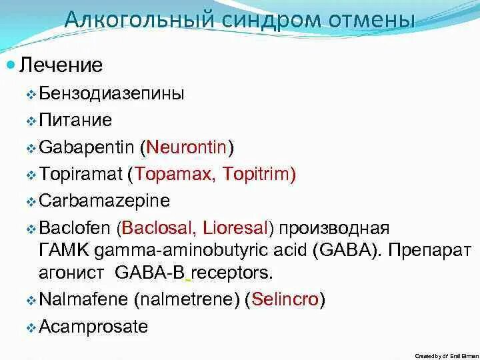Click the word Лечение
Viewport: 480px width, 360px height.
61,65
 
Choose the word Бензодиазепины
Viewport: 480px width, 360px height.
111,93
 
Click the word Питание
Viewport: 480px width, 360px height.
75,120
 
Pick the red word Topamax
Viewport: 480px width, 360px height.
170,174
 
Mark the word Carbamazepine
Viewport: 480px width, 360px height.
105,201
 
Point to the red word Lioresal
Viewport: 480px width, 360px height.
234,229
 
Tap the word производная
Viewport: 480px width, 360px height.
334,229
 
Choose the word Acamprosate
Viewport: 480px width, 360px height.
94,327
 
